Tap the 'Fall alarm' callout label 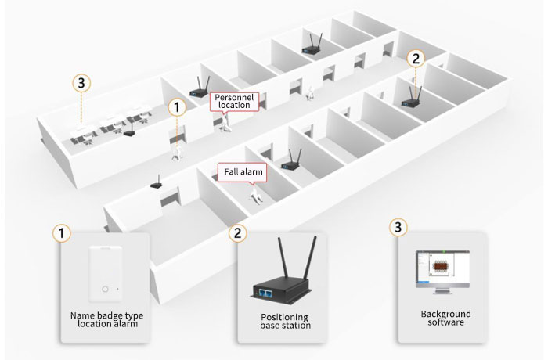pos(240,171)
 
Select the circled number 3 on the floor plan pos(78,81)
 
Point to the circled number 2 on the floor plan pos(416,58)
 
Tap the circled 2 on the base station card pos(236,233)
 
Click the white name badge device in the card pos(108,275)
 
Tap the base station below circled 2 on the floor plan pos(412,99)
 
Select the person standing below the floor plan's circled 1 pos(179,149)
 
